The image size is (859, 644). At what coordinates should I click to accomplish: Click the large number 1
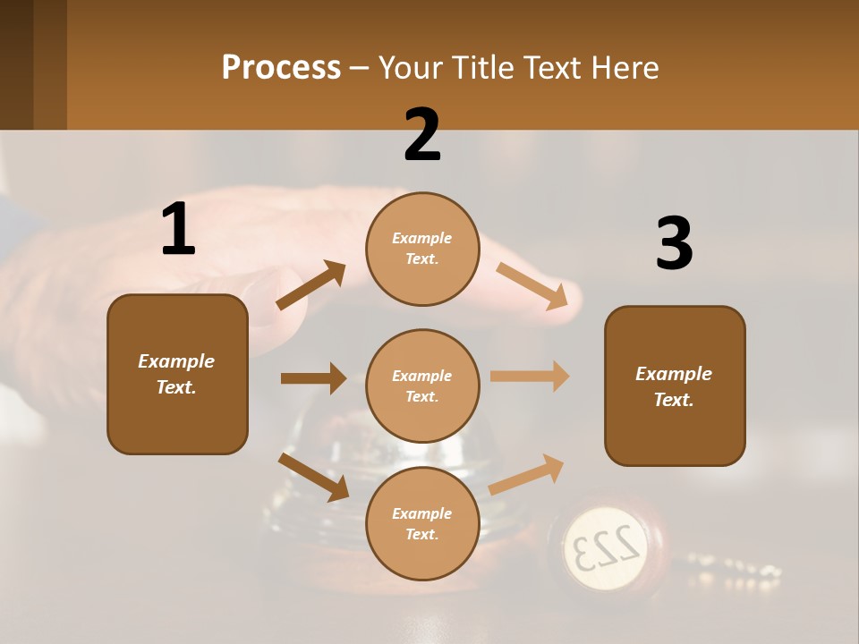click(x=178, y=230)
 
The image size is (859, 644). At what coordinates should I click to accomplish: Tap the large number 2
click(x=422, y=135)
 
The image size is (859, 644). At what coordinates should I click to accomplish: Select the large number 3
click(x=674, y=244)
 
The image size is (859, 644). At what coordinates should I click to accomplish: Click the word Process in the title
click(x=281, y=67)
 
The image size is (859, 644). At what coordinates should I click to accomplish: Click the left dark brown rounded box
click(x=177, y=374)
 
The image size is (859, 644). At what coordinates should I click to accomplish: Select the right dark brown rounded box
click(x=675, y=386)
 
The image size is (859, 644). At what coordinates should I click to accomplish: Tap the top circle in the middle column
click(x=422, y=249)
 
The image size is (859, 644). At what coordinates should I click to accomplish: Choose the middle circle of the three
click(x=422, y=386)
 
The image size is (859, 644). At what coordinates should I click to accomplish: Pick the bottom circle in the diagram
click(x=422, y=524)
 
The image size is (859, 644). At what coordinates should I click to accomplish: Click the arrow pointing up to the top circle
click(x=311, y=285)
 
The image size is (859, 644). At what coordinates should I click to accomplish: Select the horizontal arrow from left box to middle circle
click(x=313, y=378)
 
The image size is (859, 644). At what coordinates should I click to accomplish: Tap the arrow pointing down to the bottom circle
click(x=314, y=477)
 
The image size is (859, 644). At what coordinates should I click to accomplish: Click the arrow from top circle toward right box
click(x=532, y=286)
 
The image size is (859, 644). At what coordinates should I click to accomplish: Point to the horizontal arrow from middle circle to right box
click(x=530, y=376)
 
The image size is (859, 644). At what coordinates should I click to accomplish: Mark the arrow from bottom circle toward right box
click(x=526, y=474)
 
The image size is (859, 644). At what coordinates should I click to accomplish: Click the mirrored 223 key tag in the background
click(x=606, y=543)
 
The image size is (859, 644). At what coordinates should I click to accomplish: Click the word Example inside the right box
click(x=674, y=374)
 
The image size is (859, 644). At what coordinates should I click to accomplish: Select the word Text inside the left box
click(x=175, y=387)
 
